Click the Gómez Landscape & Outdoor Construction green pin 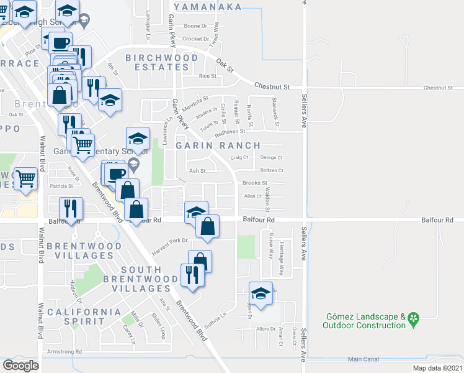coord(414,321)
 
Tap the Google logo coord(21,366)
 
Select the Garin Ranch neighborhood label coord(217,145)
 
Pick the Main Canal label coord(364,359)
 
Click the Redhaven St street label coord(230,132)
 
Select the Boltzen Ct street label coord(272,170)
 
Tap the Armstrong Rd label coord(65,352)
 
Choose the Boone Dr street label coord(195,26)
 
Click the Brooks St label coord(254,183)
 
